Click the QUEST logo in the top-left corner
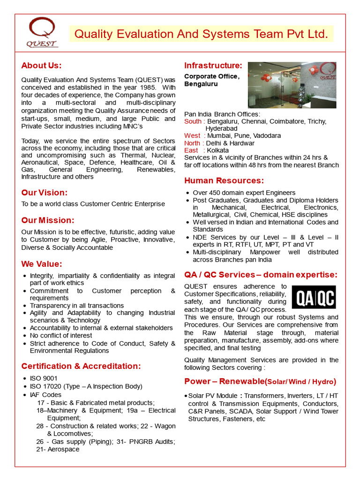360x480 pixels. (42, 33)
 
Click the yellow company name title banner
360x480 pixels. (202, 34)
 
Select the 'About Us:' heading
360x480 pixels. (41, 66)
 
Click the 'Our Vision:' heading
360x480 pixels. (44, 193)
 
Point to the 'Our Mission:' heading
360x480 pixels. (47, 220)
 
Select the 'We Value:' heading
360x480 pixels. (41, 264)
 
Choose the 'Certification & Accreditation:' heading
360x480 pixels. (81, 366)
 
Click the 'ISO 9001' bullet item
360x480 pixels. (44, 378)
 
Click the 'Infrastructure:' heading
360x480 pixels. (213, 66)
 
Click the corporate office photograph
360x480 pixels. (292, 85)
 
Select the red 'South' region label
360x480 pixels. (193, 121)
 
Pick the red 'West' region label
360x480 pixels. (192, 135)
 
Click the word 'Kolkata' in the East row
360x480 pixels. (217, 150)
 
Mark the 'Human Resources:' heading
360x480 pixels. (224, 181)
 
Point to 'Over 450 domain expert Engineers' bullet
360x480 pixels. (244, 193)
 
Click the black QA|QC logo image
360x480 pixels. (314, 297)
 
